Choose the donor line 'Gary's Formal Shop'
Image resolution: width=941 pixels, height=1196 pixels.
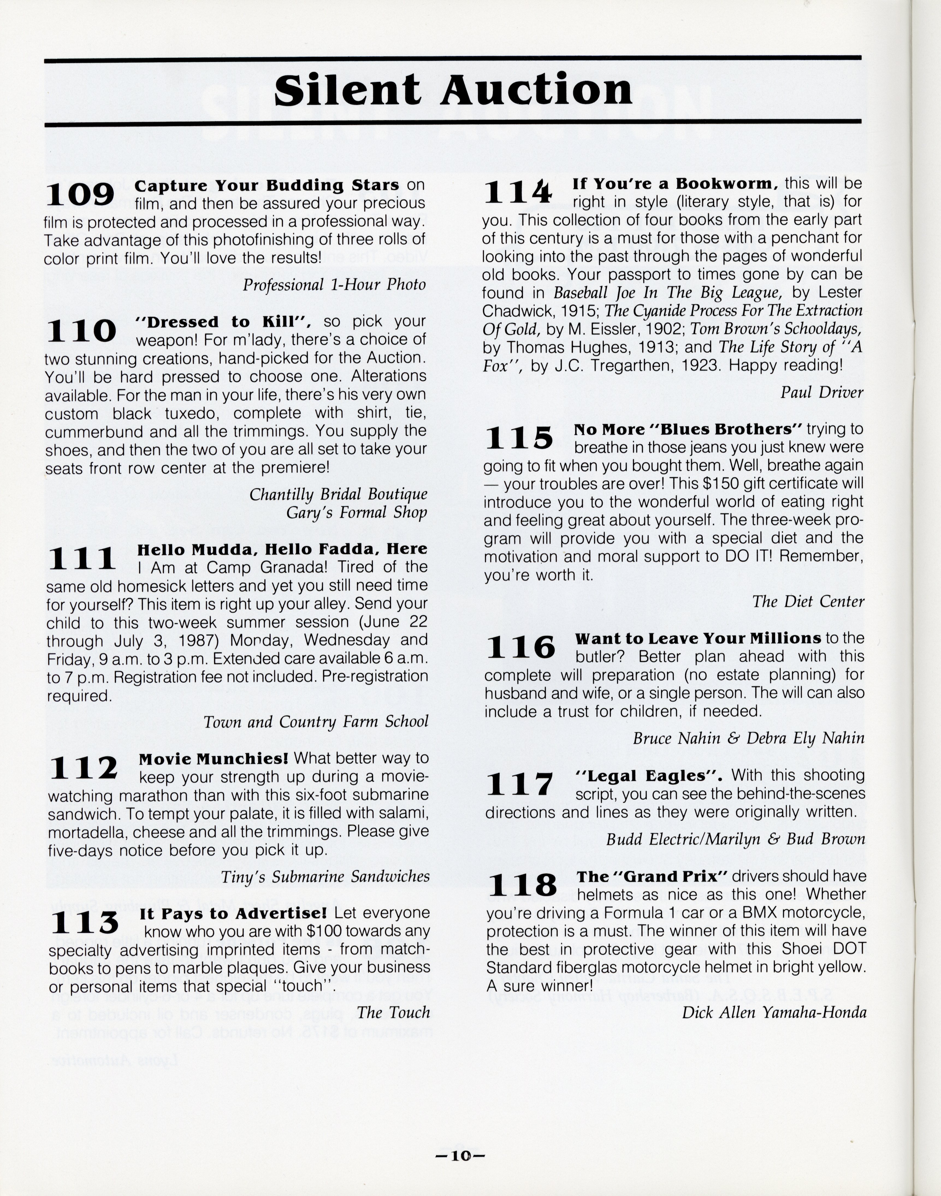(356, 513)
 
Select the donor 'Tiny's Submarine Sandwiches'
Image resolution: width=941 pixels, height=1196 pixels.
(325, 877)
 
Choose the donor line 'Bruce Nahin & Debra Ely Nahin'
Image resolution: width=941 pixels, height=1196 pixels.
(748, 738)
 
